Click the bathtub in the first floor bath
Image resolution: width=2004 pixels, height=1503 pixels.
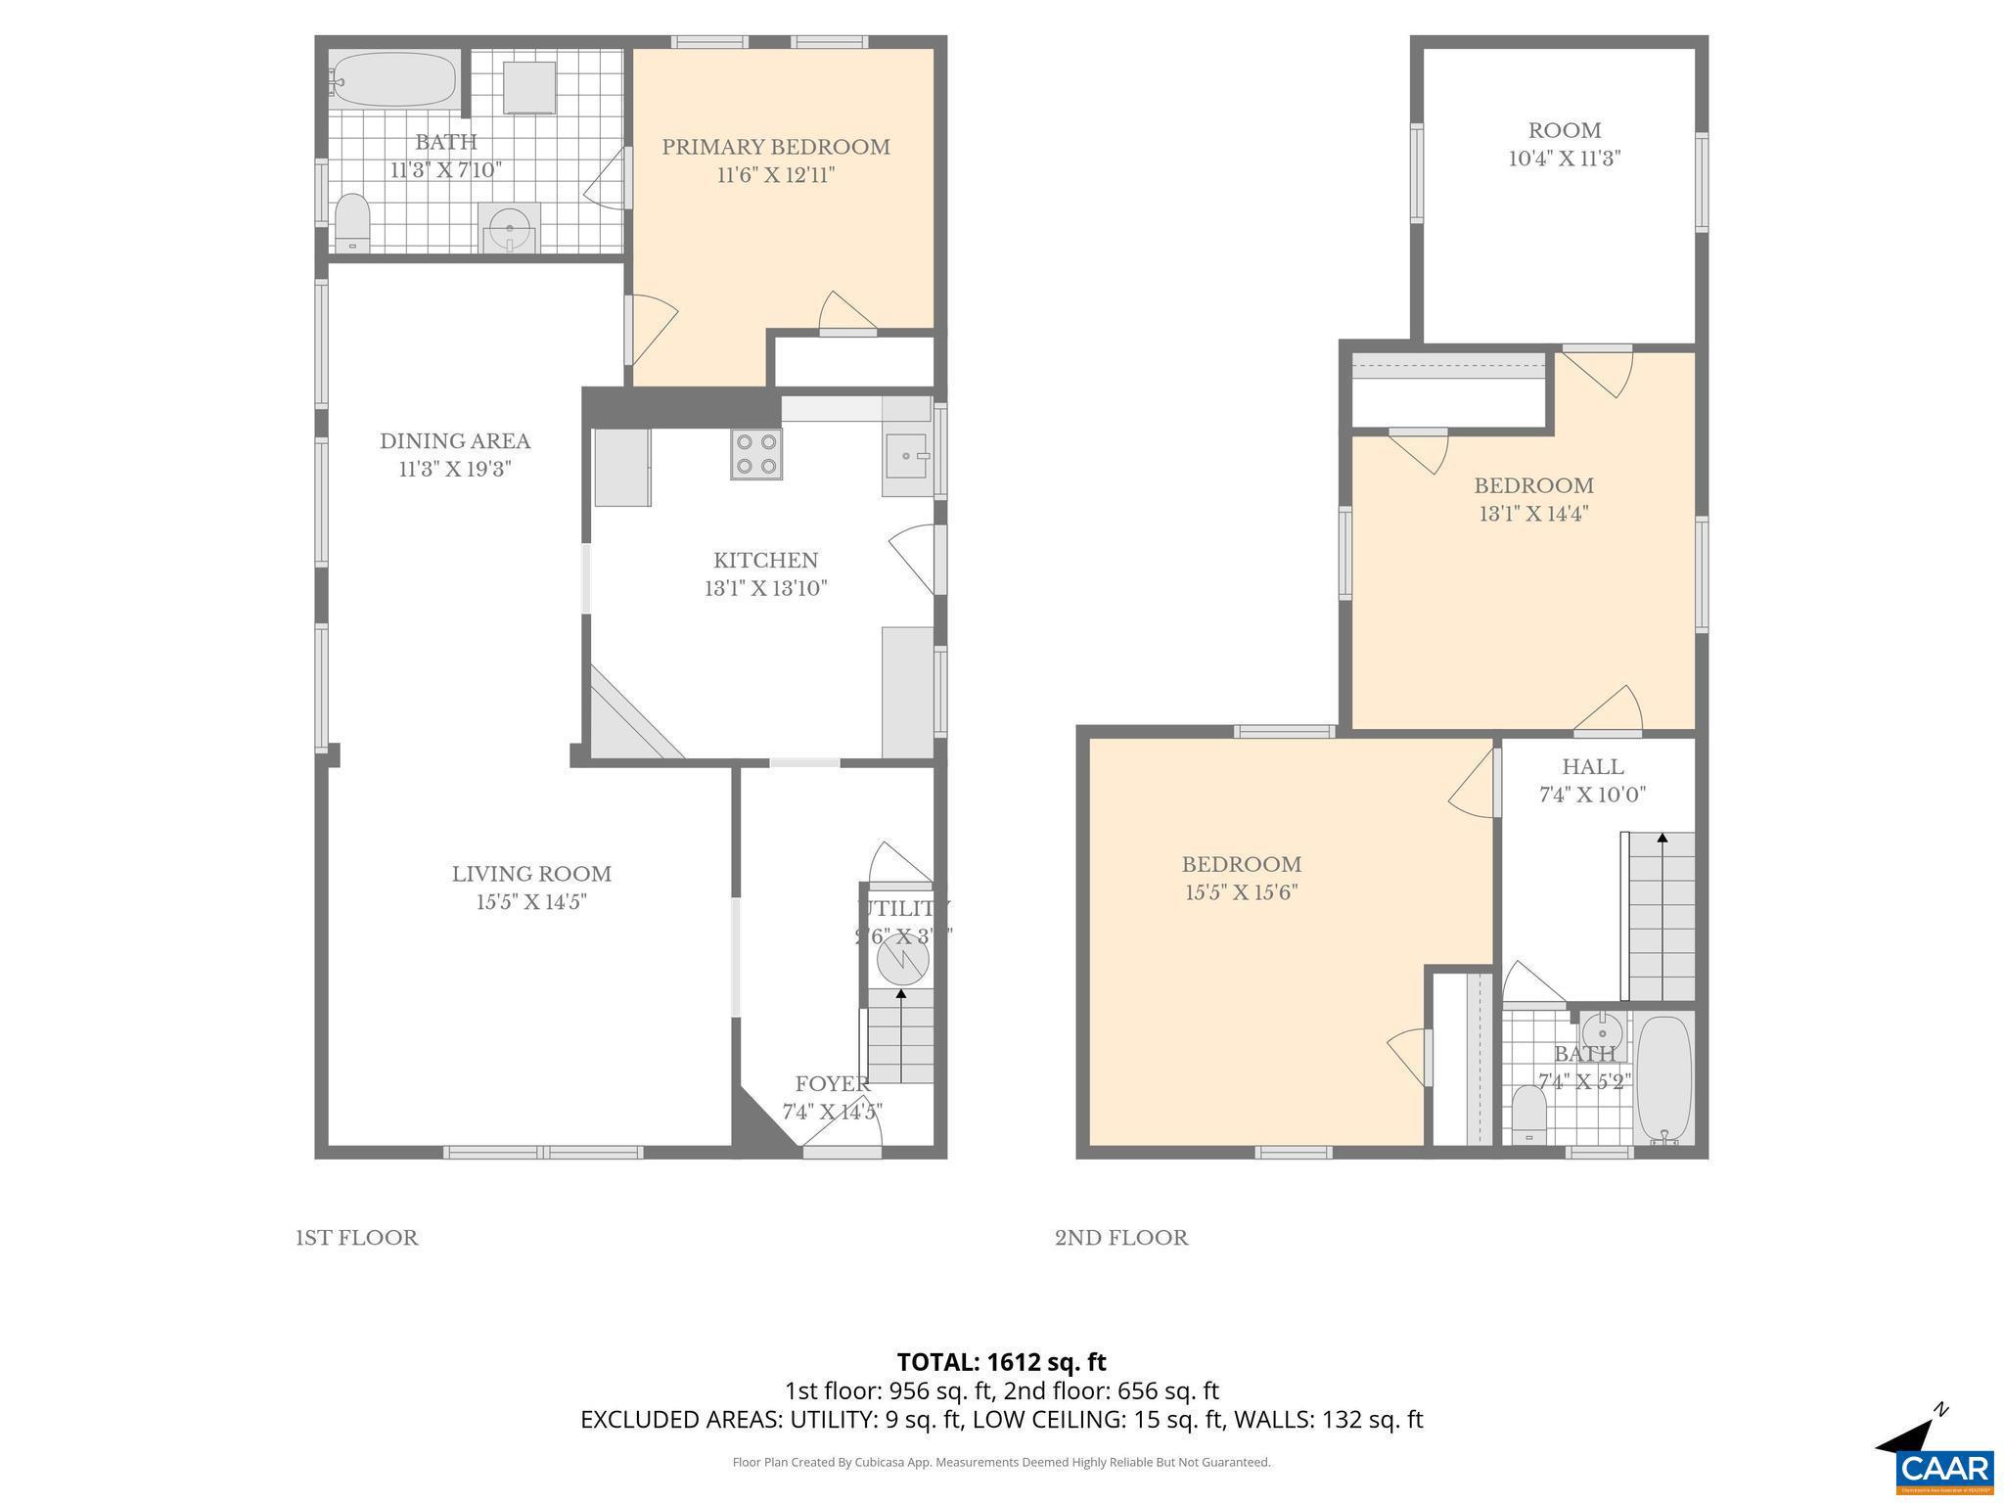(394, 80)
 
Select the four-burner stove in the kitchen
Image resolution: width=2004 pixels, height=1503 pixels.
(755, 454)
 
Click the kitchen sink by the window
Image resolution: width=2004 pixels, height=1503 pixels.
(907, 456)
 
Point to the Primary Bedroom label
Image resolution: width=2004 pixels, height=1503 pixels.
(776, 147)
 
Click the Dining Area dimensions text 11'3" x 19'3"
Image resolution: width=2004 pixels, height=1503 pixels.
(455, 469)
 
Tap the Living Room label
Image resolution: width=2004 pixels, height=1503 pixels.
(531, 874)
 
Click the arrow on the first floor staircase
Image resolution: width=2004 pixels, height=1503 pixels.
(900, 995)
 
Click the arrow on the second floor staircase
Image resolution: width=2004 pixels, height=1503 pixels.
(1662, 839)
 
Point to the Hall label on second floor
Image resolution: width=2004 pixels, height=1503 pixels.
(1593, 767)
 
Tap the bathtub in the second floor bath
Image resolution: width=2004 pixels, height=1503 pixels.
(1663, 1078)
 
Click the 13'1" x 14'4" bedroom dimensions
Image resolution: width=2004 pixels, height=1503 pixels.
(1533, 514)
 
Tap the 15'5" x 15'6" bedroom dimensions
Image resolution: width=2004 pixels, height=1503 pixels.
(1242, 892)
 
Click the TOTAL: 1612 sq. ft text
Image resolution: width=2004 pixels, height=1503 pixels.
(1001, 1362)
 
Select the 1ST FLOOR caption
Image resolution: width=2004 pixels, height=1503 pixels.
(357, 1238)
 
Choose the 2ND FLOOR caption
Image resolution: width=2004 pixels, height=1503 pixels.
(1121, 1238)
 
